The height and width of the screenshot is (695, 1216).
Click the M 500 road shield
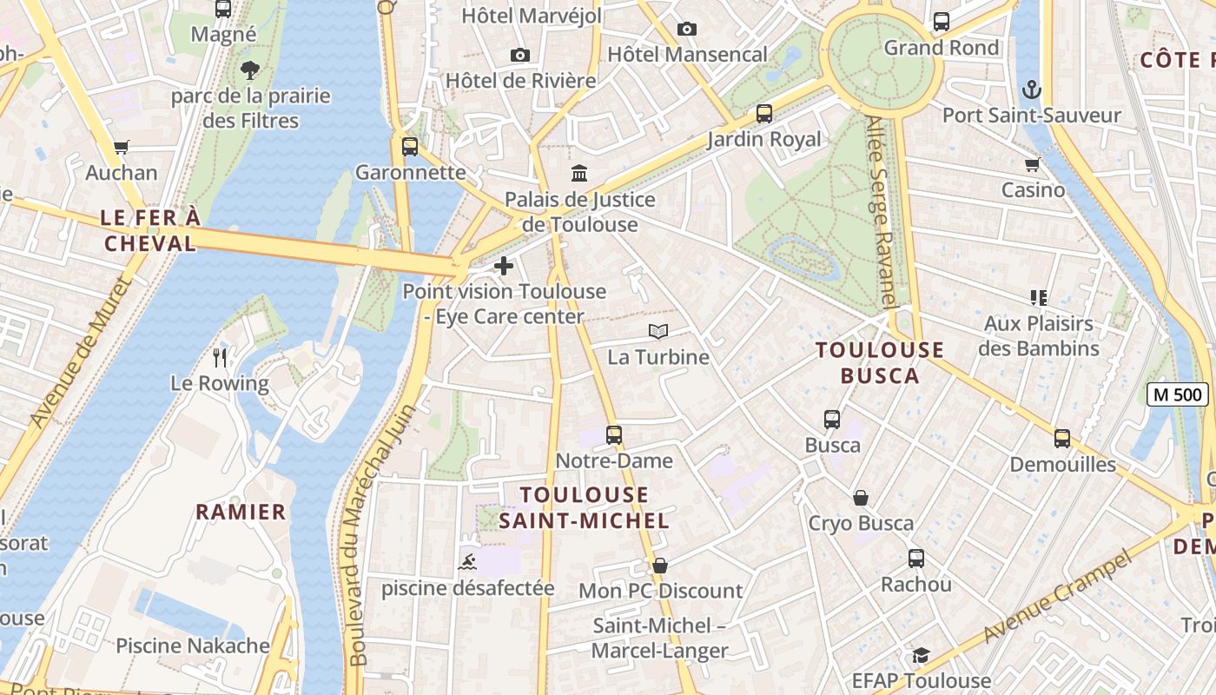[1177, 394]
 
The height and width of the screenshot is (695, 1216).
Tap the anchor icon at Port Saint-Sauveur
[1031, 89]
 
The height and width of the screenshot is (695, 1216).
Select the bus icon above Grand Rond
[941, 22]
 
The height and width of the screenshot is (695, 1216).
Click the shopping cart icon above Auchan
[121, 148]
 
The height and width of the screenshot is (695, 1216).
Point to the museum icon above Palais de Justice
[579, 174]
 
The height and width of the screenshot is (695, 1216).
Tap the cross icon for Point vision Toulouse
[503, 266]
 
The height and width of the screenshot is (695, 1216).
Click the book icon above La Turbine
[658, 332]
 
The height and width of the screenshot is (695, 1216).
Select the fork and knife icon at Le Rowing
[220, 357]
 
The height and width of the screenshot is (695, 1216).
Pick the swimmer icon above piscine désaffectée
[467, 562]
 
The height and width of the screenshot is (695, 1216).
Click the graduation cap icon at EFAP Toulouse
[921, 655]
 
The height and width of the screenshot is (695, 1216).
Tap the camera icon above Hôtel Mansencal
[686, 29]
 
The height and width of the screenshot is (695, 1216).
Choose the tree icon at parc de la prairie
[250, 69]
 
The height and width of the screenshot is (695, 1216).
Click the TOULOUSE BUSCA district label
[880, 362]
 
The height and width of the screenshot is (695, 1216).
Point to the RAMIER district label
[241, 512]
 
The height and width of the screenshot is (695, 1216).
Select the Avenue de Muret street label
[78, 352]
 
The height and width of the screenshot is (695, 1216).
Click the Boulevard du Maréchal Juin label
[380, 534]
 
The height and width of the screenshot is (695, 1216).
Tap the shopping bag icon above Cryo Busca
[860, 498]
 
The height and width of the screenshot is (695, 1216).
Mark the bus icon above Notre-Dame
[614, 434]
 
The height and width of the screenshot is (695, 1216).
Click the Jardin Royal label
[763, 139]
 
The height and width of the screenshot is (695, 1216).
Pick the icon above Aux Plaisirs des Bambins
[1038, 298]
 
